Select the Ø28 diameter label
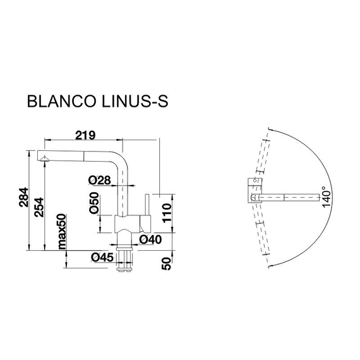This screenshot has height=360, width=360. [x=100, y=181]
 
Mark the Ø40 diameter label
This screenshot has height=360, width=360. [x=152, y=239]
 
